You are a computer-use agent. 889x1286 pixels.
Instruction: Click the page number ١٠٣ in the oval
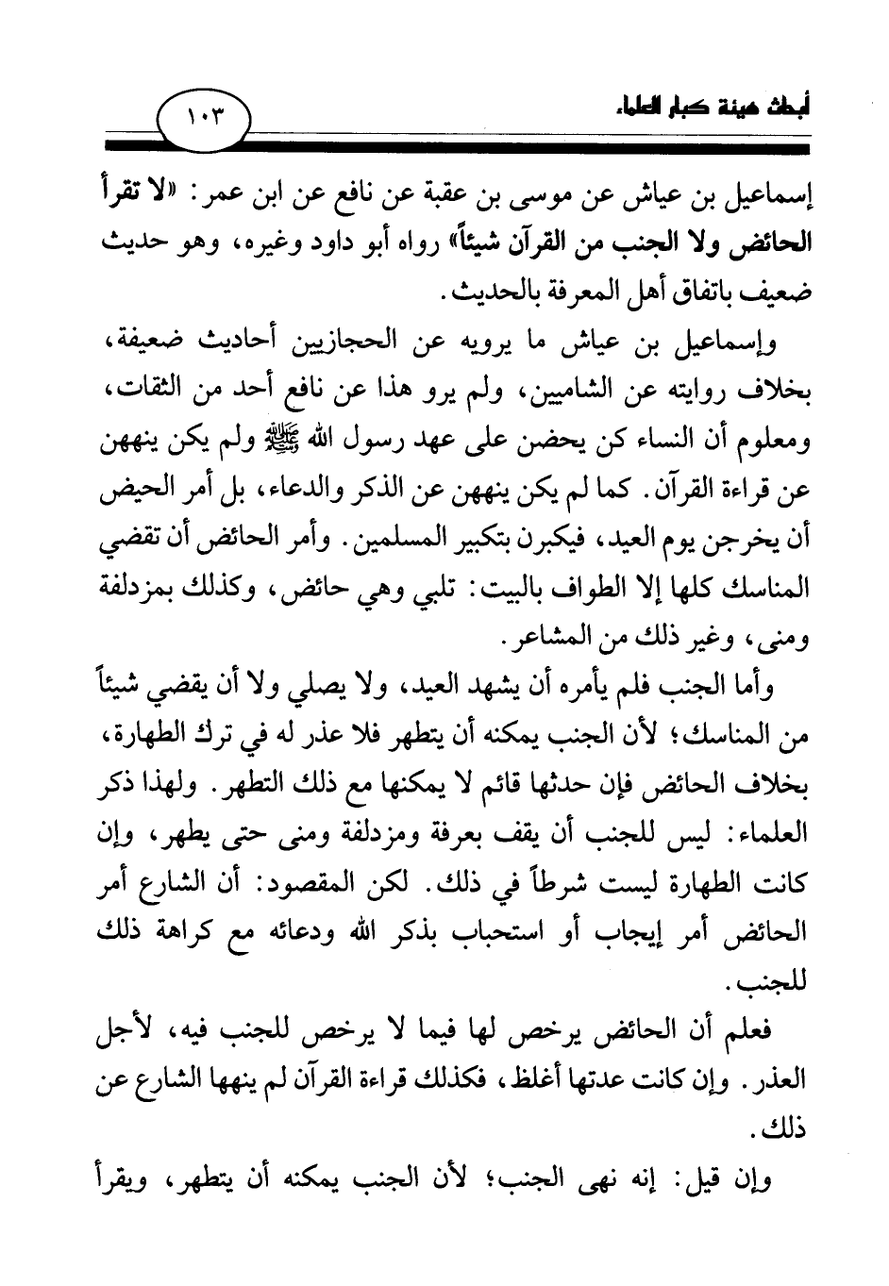203,118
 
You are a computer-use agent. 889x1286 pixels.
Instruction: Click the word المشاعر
461,641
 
